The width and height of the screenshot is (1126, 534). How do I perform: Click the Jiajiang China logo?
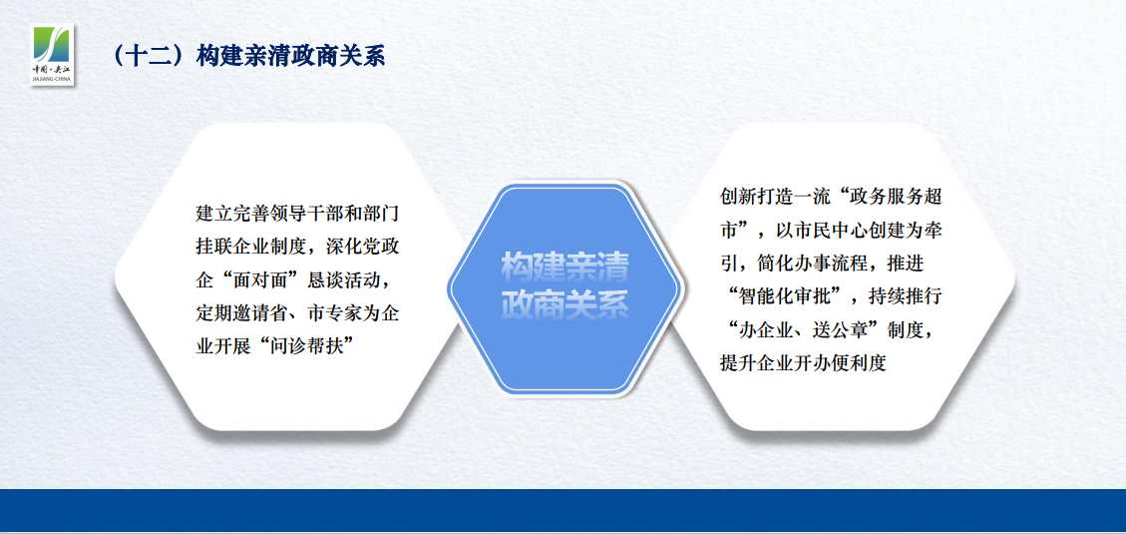(x=53, y=55)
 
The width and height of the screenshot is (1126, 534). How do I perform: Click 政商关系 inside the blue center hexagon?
(x=564, y=304)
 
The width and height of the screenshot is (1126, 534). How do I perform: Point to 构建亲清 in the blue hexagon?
(x=564, y=267)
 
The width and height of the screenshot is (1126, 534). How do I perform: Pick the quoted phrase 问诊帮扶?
(x=302, y=345)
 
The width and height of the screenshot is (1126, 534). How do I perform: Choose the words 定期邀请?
(x=231, y=312)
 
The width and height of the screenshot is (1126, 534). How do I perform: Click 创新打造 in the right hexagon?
(x=755, y=197)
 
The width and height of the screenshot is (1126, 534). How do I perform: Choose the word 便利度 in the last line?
(x=860, y=361)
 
